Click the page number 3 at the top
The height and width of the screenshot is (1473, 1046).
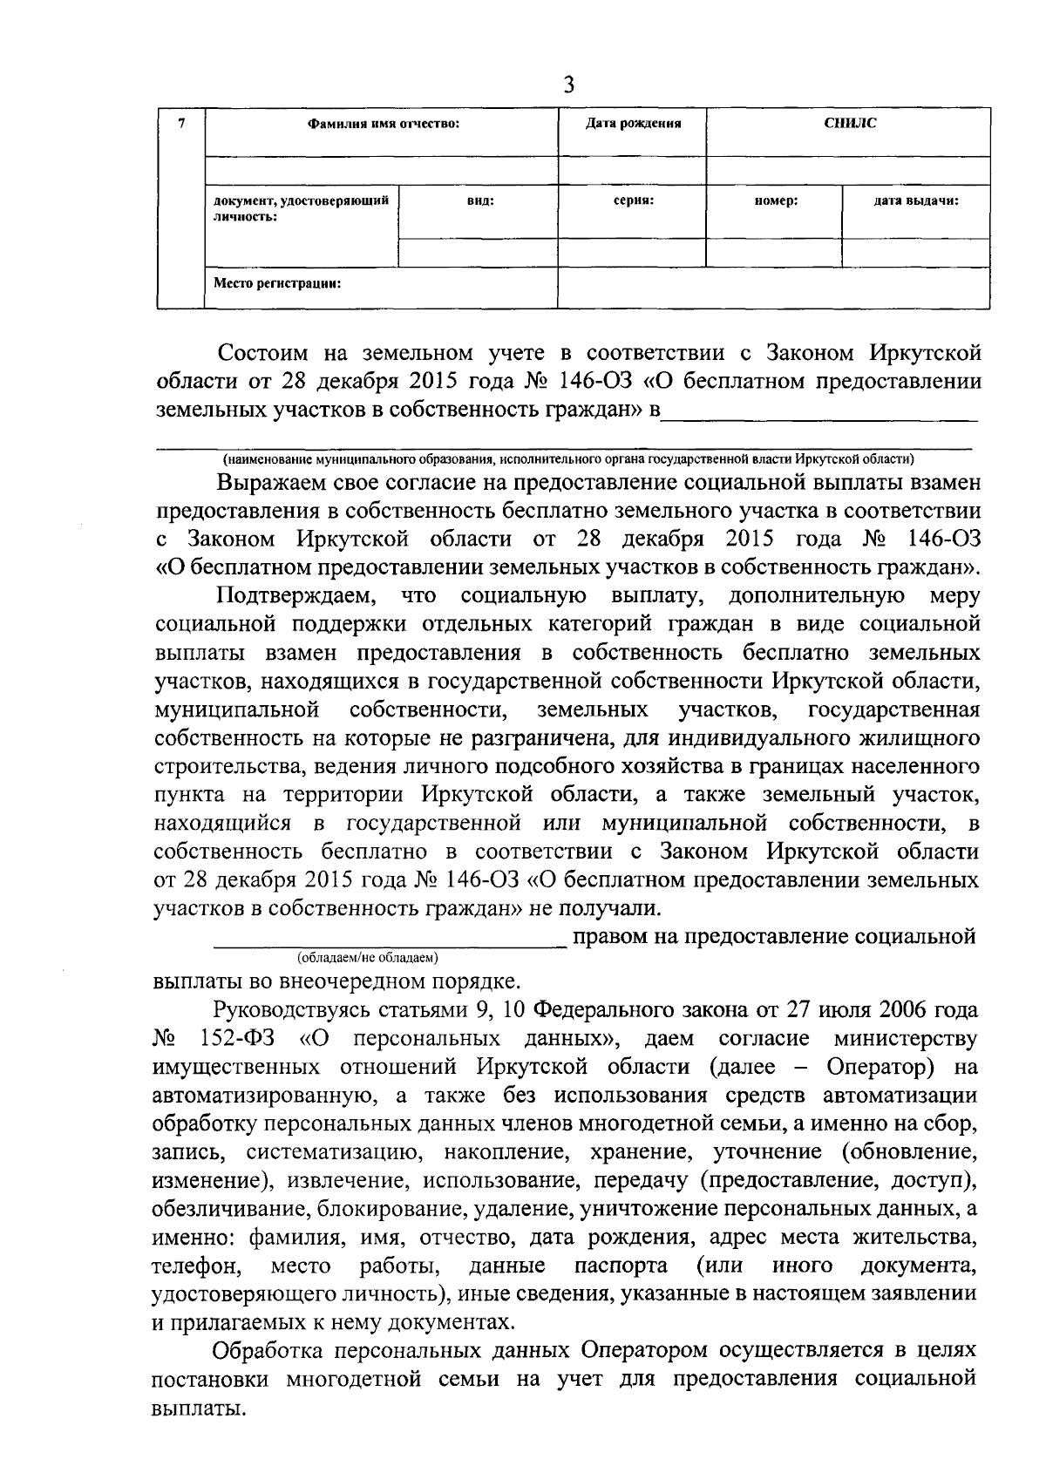coord(568,85)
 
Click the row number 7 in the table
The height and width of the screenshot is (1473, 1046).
coord(180,123)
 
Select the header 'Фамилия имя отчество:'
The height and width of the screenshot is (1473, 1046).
coord(383,124)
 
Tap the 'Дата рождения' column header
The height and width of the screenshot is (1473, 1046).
coord(632,124)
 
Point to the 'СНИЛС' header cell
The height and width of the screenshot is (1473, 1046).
coord(849,123)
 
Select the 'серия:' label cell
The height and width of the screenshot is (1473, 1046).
coord(633,200)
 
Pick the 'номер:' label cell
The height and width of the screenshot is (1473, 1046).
coord(775,200)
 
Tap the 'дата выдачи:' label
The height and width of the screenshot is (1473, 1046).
coord(916,200)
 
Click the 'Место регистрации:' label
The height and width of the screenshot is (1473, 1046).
coord(277,282)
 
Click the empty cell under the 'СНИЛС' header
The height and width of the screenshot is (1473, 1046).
coord(849,171)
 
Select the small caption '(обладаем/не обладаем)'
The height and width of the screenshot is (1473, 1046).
coord(367,958)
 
